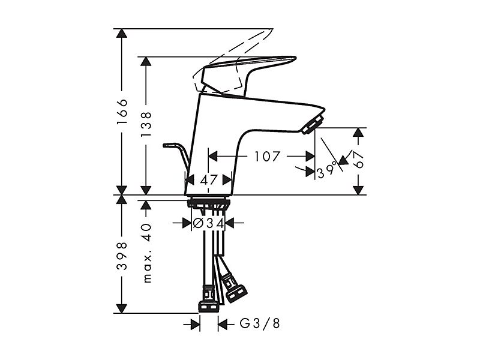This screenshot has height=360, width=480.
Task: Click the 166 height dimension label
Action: click(x=122, y=112)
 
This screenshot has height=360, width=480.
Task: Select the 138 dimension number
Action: click(x=146, y=125)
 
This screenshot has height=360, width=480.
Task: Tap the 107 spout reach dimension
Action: click(x=267, y=157)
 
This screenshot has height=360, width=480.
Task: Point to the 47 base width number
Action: click(x=209, y=179)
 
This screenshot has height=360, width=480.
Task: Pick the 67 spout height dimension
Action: click(x=358, y=160)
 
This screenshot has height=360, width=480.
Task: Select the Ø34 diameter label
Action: click(x=208, y=223)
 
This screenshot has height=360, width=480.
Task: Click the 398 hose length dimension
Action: click(x=122, y=256)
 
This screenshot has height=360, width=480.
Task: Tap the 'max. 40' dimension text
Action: click(x=147, y=253)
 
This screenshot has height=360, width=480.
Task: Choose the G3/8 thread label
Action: click(x=260, y=323)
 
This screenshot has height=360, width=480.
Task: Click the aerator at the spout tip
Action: click(x=312, y=124)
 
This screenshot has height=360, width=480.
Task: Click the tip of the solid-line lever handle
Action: click(x=295, y=58)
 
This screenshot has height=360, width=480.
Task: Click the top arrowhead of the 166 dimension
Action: click(x=122, y=33)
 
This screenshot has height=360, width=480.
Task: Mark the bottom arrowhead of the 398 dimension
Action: click(x=122, y=308)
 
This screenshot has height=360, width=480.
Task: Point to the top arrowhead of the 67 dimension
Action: click(x=358, y=132)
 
